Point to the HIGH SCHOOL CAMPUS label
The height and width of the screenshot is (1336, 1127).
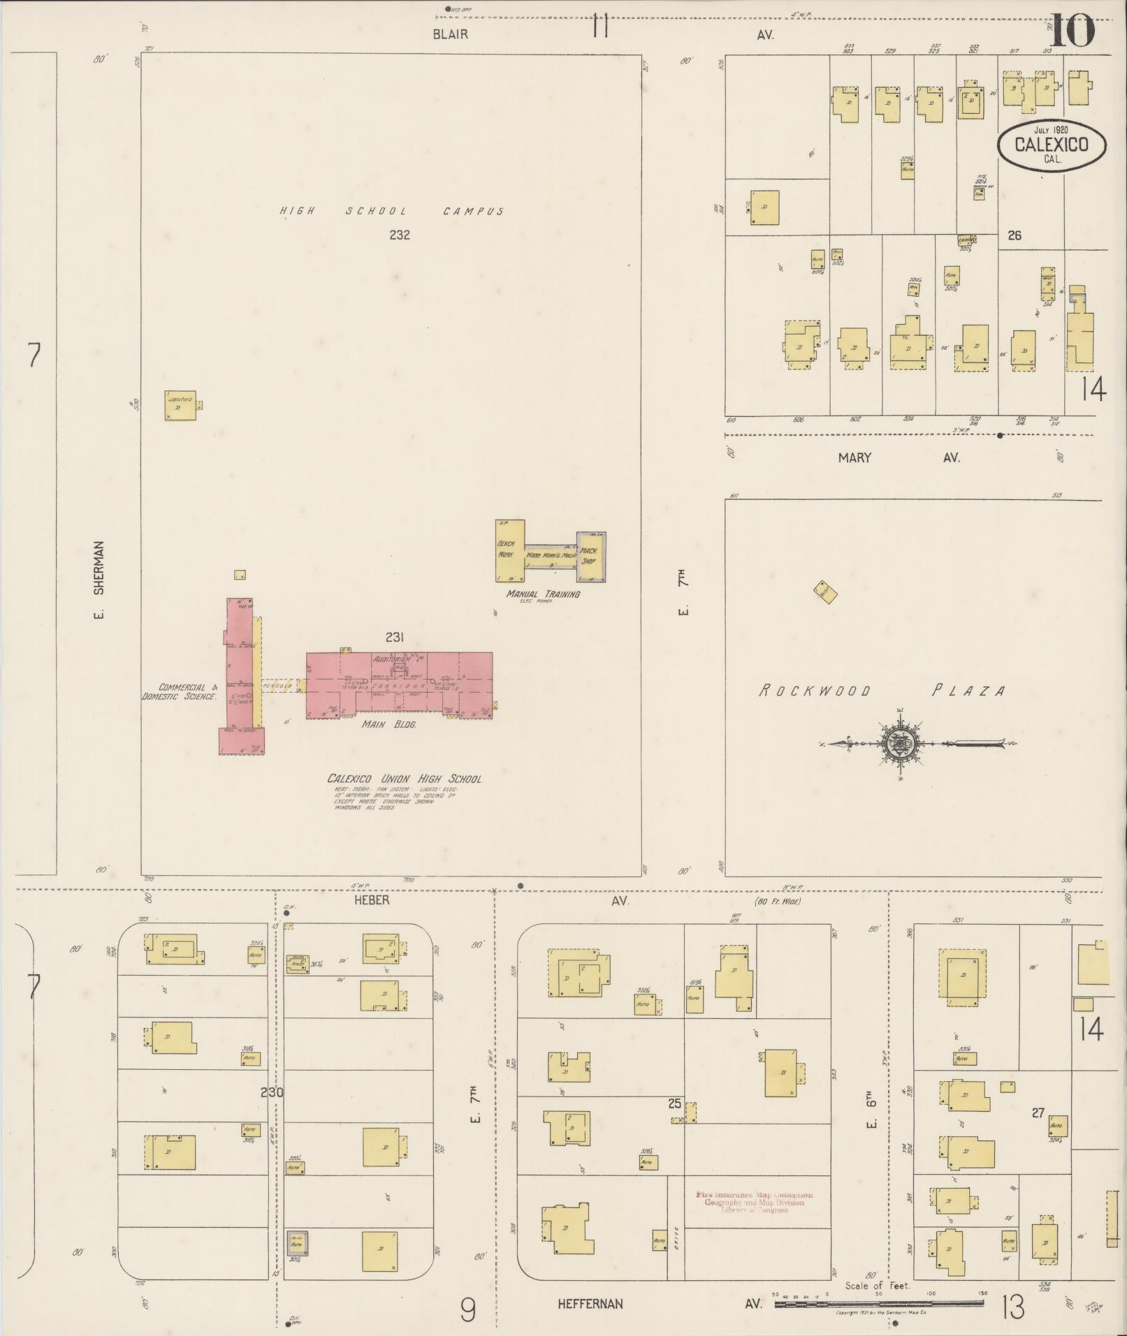pyautogui.click(x=391, y=211)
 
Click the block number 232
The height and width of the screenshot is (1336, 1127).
pyautogui.click(x=399, y=235)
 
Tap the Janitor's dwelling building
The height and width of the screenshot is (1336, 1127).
pyautogui.click(x=180, y=406)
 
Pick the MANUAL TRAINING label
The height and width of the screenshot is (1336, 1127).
pyautogui.click(x=544, y=594)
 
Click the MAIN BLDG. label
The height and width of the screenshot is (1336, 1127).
pyautogui.click(x=388, y=725)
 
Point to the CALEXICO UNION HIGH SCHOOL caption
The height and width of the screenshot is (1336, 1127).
pyautogui.click(x=405, y=779)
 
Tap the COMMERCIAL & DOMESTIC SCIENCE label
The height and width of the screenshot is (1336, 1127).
pyautogui.click(x=180, y=692)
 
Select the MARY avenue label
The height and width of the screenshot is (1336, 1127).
pyautogui.click(x=855, y=457)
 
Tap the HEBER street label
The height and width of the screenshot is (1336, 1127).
pyautogui.click(x=372, y=901)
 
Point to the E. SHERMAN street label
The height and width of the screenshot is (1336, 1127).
pyautogui.click(x=99, y=580)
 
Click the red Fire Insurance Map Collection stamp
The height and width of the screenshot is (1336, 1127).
pyautogui.click(x=753, y=1202)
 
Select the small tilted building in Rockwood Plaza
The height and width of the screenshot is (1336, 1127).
pyautogui.click(x=825, y=592)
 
